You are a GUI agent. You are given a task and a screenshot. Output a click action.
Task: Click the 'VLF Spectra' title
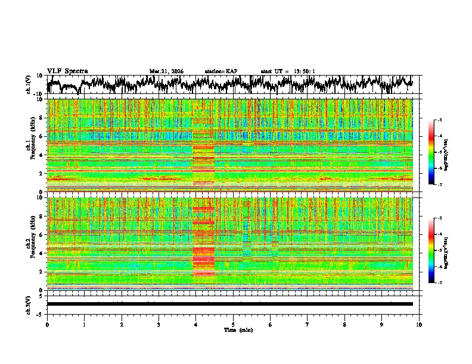[x=67, y=71]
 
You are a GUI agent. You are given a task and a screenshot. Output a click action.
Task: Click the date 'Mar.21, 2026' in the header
[x=166, y=71]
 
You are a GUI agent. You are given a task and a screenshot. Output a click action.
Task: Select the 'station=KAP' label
[x=221, y=71]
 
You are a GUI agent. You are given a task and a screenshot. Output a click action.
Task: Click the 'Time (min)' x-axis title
[x=238, y=330]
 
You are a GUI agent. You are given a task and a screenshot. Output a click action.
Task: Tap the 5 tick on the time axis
[x=233, y=324]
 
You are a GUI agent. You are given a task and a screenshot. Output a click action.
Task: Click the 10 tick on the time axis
[x=420, y=324]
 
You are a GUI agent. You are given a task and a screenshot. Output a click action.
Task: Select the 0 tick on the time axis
[x=47, y=324]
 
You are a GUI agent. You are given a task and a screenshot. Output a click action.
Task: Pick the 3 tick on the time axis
[x=159, y=324]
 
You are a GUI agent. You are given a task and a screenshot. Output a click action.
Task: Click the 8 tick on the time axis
[x=344, y=324]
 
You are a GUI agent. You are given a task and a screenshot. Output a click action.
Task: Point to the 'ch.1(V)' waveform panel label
[x=29, y=85]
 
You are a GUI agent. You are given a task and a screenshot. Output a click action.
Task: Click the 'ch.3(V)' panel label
[x=29, y=304]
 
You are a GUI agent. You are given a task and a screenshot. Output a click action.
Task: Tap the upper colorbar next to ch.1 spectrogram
[x=431, y=152]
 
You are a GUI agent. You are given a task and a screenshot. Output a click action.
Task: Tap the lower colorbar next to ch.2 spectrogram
[x=431, y=250]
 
